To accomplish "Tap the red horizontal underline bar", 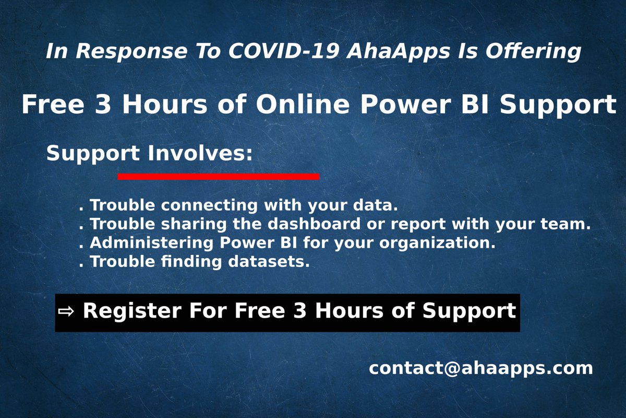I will [x=218, y=177].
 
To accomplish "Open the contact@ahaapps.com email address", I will [x=480, y=368].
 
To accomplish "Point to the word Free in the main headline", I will [x=53, y=105].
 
